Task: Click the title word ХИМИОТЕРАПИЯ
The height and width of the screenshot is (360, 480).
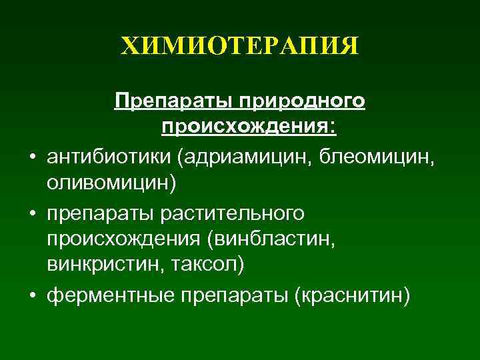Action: coord(240,47)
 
